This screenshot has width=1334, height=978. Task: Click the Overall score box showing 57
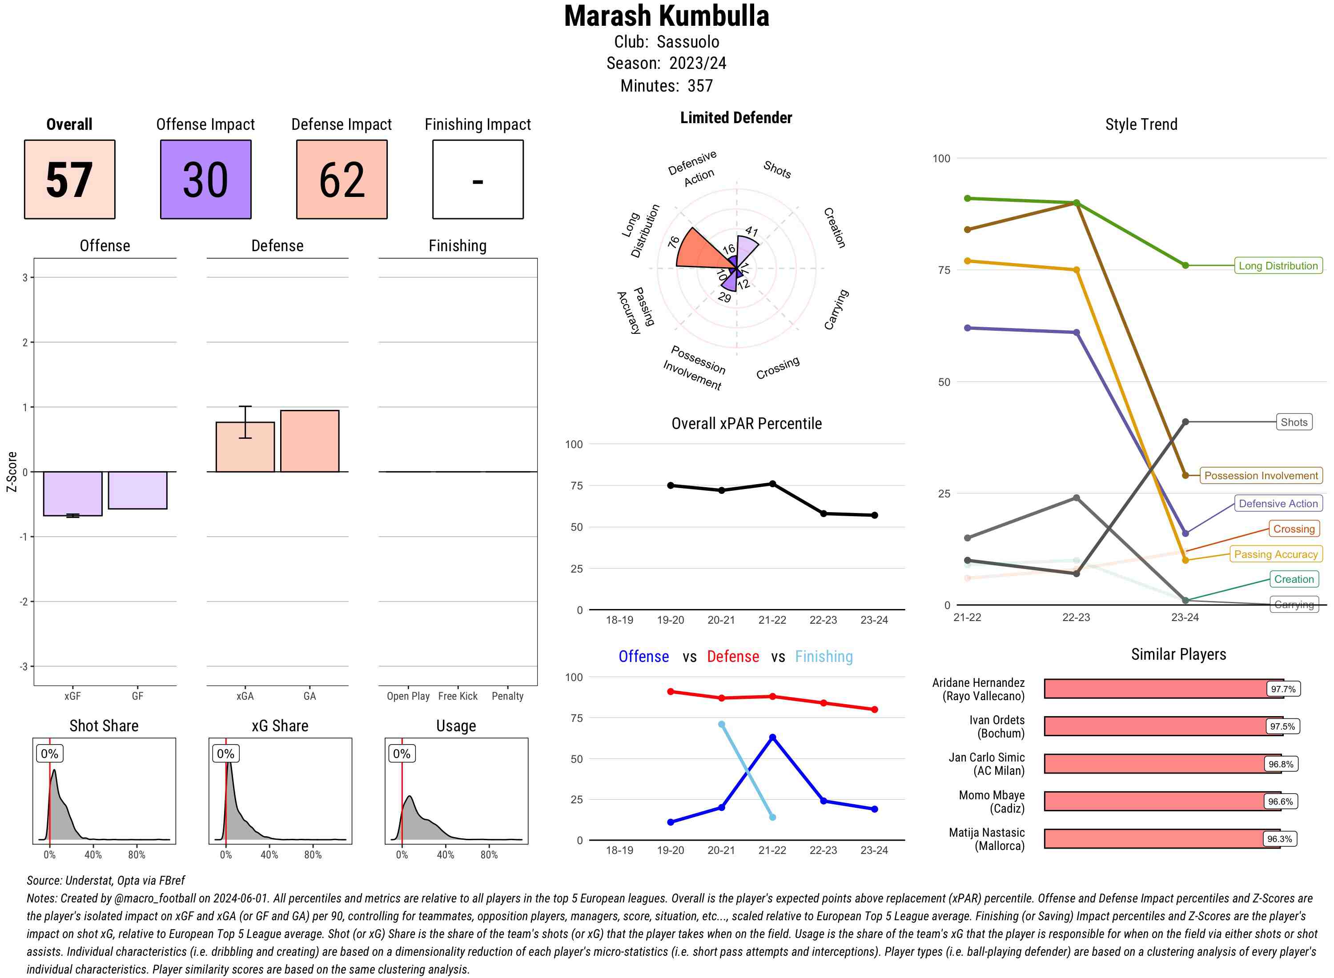click(x=69, y=180)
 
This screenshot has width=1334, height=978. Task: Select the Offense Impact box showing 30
click(x=205, y=180)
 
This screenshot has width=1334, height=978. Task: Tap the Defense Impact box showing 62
click(x=342, y=180)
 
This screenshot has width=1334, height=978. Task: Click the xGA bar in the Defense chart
click(x=245, y=447)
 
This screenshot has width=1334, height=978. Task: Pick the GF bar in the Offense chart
click(x=137, y=490)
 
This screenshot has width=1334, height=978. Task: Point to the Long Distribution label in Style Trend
click(x=1278, y=266)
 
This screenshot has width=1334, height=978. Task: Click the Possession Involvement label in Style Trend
click(x=1261, y=475)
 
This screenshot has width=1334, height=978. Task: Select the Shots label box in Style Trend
click(x=1293, y=422)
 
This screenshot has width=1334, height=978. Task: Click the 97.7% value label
click(x=1282, y=689)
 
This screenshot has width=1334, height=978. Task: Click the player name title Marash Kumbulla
click(x=666, y=16)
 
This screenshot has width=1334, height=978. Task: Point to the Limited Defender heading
click(x=735, y=118)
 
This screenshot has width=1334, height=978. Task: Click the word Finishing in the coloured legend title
click(x=824, y=657)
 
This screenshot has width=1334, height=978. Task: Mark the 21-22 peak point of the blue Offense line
click(x=772, y=738)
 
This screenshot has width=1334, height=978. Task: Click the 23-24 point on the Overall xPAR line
click(x=874, y=515)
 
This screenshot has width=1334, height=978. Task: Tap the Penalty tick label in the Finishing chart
click(x=507, y=696)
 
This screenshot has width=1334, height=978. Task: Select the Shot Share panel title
click(x=104, y=726)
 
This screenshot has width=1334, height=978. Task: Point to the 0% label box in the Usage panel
click(x=402, y=754)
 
